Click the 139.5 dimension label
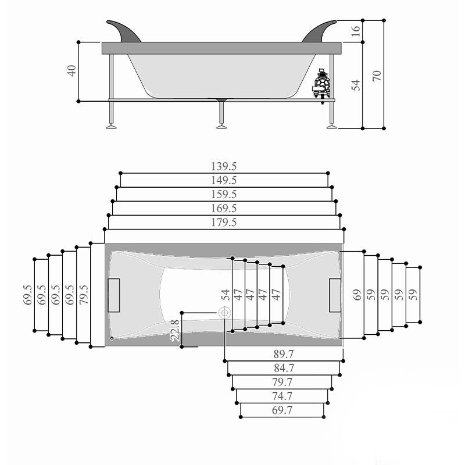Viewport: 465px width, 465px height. [x=224, y=166]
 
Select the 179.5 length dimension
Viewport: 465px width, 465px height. [x=224, y=223]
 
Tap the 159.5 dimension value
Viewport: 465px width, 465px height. [x=224, y=195]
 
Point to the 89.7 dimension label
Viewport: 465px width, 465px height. [x=284, y=354]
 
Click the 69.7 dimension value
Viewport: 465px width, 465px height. [x=282, y=410]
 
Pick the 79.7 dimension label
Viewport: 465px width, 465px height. [x=282, y=382]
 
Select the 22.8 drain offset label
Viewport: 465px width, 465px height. [x=176, y=330]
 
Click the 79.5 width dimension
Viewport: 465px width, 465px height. [x=84, y=295]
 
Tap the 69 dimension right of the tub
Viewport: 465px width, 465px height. [x=357, y=295]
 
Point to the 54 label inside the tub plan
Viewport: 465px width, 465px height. [x=226, y=295]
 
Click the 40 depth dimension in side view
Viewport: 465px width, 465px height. [x=71, y=71]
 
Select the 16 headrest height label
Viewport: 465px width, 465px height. [x=355, y=31]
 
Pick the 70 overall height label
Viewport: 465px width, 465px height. [x=376, y=76]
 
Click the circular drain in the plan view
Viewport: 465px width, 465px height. [x=224, y=313]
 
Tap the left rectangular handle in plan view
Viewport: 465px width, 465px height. [x=114, y=295]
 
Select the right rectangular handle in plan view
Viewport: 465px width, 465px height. [x=335, y=295]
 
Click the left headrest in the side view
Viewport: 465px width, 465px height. [x=124, y=31]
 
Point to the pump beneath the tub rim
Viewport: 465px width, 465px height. [x=321, y=85]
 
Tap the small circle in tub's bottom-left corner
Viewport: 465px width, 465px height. [x=112, y=338]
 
